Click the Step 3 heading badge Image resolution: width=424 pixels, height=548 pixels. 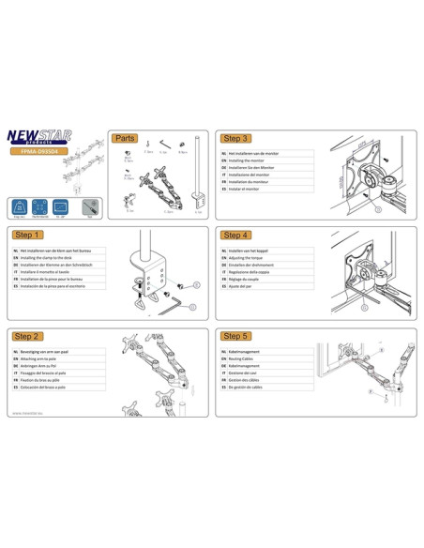click(237, 138)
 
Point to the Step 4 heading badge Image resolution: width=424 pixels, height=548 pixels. click(237, 235)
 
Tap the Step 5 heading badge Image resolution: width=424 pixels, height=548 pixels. click(237, 336)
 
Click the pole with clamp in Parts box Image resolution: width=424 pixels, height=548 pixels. click(198, 174)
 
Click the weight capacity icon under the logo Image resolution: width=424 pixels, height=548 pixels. click(20, 204)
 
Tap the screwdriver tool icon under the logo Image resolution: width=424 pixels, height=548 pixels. click(88, 204)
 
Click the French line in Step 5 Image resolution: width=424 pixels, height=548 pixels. click(248, 376)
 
